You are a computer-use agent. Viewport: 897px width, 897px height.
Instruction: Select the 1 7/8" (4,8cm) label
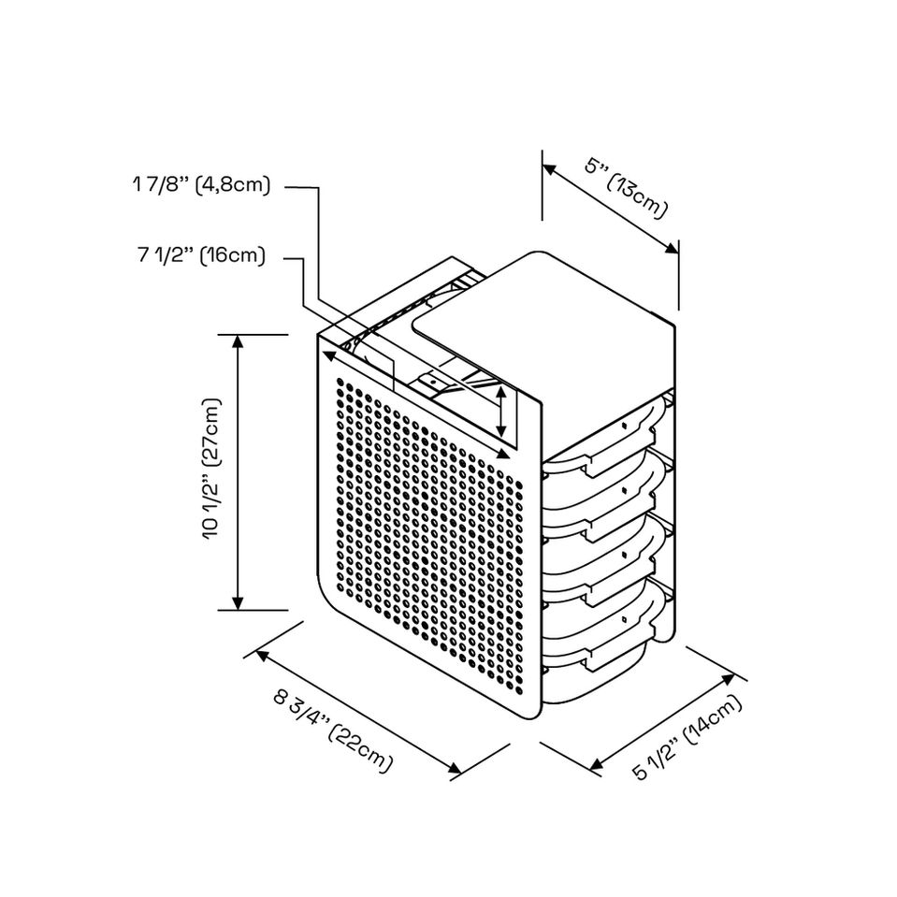[202, 185]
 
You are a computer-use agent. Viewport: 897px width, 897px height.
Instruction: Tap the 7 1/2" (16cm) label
[201, 254]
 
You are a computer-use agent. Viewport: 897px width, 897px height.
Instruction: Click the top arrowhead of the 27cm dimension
[239, 340]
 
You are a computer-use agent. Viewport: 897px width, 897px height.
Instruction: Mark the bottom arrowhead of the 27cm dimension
[239, 603]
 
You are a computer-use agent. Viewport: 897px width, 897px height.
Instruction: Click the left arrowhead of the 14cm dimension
[597, 766]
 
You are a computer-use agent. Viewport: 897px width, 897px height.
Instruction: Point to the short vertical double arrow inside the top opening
[503, 412]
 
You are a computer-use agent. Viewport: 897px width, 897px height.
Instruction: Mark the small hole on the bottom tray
[624, 618]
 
